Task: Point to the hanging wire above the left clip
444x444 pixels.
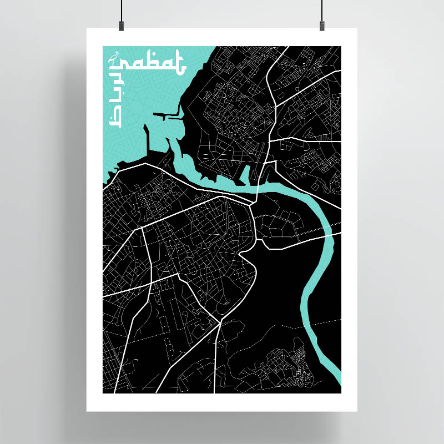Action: click(x=120, y=9)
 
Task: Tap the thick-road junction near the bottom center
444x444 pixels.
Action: click(x=221, y=321)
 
